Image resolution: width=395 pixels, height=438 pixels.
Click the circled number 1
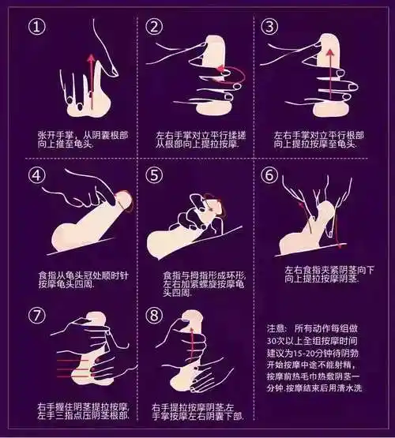tap(37, 27)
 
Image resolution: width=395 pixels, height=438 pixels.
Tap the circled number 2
tap(154, 27)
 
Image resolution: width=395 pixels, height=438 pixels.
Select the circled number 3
tap(269, 27)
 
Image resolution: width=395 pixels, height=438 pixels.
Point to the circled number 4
tap(37, 175)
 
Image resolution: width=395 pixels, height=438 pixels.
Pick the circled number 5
tap(154, 175)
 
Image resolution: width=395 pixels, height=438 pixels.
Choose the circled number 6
tap(269, 175)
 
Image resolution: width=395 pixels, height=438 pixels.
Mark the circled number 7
tap(37, 316)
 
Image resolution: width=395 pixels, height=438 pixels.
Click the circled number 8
tap(154, 316)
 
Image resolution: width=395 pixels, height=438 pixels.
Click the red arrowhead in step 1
tap(91, 58)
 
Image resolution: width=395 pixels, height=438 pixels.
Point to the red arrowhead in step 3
tap(330, 53)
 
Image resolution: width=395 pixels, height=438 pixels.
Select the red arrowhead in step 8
tap(192, 330)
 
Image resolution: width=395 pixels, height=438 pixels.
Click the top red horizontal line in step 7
tap(69, 361)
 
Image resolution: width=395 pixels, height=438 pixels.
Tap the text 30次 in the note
tap(276, 341)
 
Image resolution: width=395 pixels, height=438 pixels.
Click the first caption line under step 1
tap(83, 136)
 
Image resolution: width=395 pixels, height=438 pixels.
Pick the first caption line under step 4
tap(83, 275)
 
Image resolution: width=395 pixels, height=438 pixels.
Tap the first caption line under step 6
tap(329, 270)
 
